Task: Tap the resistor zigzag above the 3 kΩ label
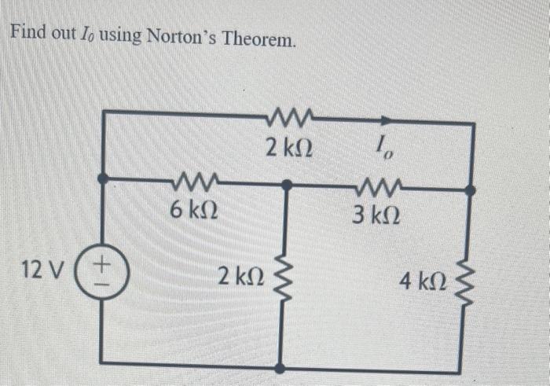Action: pyautogui.click(x=372, y=187)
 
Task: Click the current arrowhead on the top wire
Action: pyautogui.click(x=385, y=122)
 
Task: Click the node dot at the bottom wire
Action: pyautogui.click(x=280, y=366)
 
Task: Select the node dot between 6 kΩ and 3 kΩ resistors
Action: pyautogui.click(x=288, y=186)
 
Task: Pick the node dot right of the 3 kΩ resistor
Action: pyautogui.click(x=469, y=189)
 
